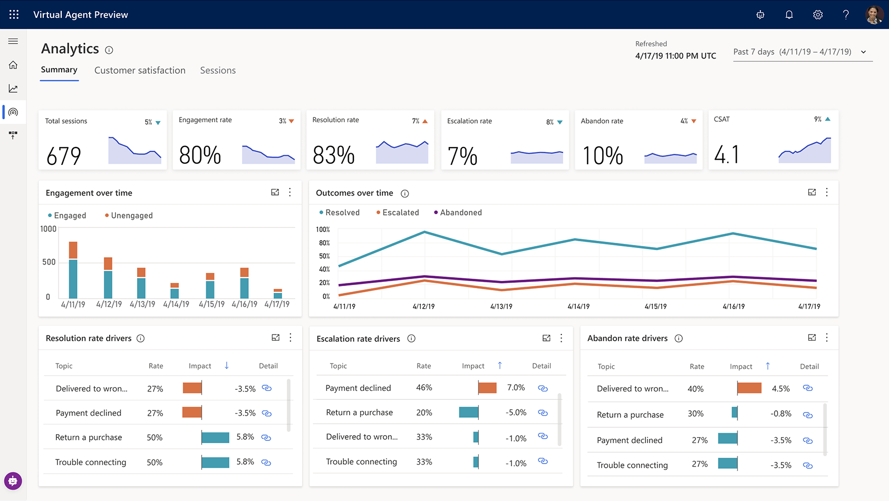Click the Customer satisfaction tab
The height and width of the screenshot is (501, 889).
pos(140,71)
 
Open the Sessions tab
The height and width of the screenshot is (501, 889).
pos(218,71)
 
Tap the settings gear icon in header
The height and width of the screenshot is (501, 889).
pos(818,15)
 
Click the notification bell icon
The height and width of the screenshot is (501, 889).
pos(789,15)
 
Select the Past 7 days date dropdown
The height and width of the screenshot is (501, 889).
pos(802,52)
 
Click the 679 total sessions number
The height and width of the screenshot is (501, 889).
pos(64,156)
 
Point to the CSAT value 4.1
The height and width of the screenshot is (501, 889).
pos(727,155)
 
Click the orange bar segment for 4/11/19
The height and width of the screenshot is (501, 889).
pos(73,250)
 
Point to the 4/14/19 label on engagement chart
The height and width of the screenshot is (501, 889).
pos(176,304)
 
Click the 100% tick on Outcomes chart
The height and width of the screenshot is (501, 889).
pos(323,230)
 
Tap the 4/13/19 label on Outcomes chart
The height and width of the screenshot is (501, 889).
pos(501,306)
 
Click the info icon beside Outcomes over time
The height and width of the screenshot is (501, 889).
pos(405,193)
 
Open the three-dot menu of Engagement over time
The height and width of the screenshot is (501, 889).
pos(290,192)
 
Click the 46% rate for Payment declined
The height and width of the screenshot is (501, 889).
pos(424,388)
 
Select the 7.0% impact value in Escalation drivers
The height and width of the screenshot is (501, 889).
pos(516,388)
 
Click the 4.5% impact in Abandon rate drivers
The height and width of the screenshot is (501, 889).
pos(780,389)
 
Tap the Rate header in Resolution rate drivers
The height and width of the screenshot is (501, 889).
pos(156,366)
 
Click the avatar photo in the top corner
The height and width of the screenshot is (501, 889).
pos(874,15)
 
